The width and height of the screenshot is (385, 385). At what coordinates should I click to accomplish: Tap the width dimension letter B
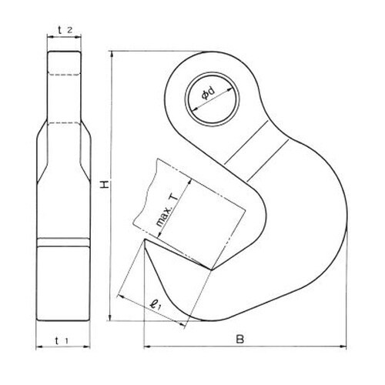240,339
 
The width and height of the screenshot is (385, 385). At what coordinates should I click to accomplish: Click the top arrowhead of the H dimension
111,53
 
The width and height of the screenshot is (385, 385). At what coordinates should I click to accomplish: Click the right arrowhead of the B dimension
346,347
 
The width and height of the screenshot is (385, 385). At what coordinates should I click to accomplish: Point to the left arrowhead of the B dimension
146,347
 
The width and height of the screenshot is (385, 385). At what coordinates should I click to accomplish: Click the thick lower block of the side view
64,277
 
